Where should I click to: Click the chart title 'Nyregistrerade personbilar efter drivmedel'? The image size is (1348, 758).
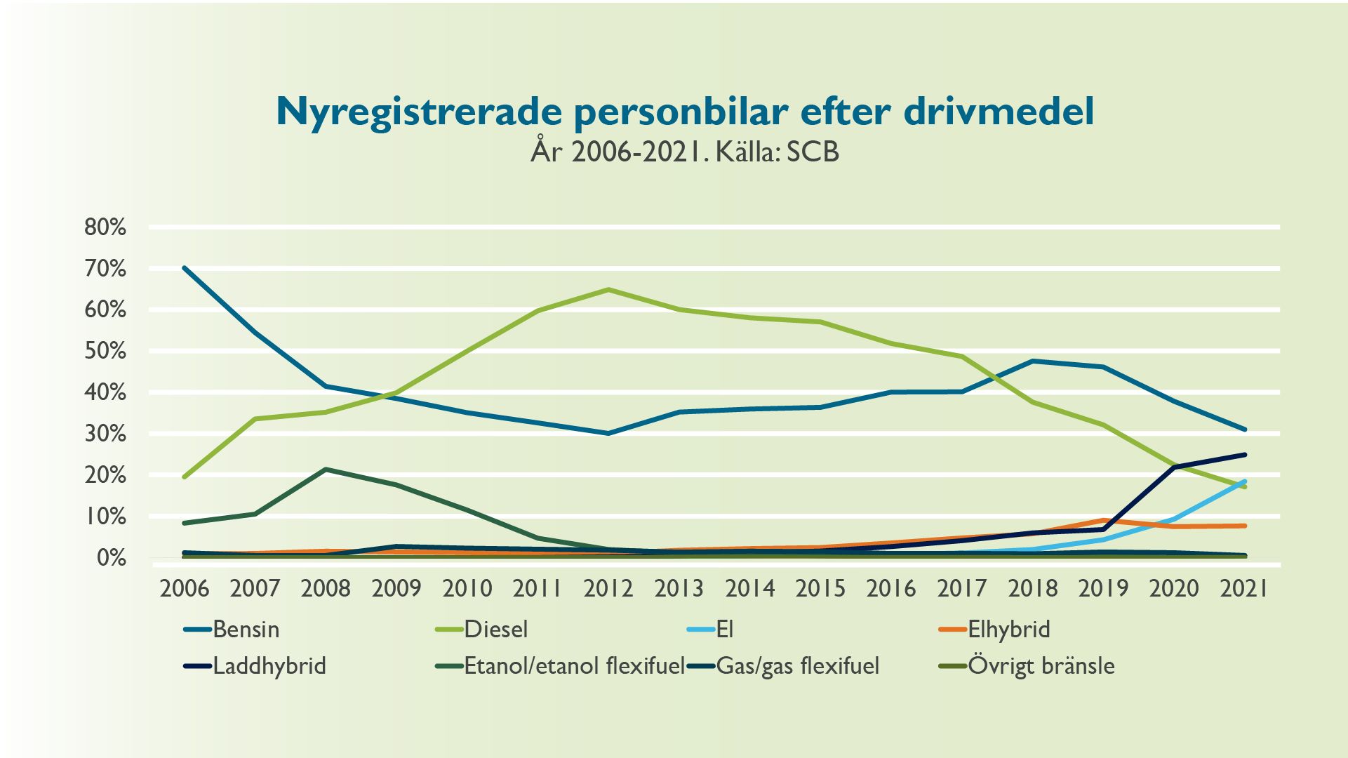pos(684,111)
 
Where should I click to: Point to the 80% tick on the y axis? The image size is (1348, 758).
pos(105,227)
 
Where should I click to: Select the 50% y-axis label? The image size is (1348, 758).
pos(105,351)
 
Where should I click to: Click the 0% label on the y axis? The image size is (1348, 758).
pos(111,558)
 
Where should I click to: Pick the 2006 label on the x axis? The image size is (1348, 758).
pos(185,588)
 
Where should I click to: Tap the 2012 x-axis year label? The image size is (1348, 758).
pos(608,588)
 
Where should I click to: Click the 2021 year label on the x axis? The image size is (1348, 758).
pos(1244,588)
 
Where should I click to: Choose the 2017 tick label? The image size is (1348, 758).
pos(961,588)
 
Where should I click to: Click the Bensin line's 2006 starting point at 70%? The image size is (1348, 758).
pos(185,268)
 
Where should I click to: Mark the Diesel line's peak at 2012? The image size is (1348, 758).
pos(608,289)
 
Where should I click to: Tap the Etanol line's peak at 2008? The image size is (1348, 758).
pos(326,469)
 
